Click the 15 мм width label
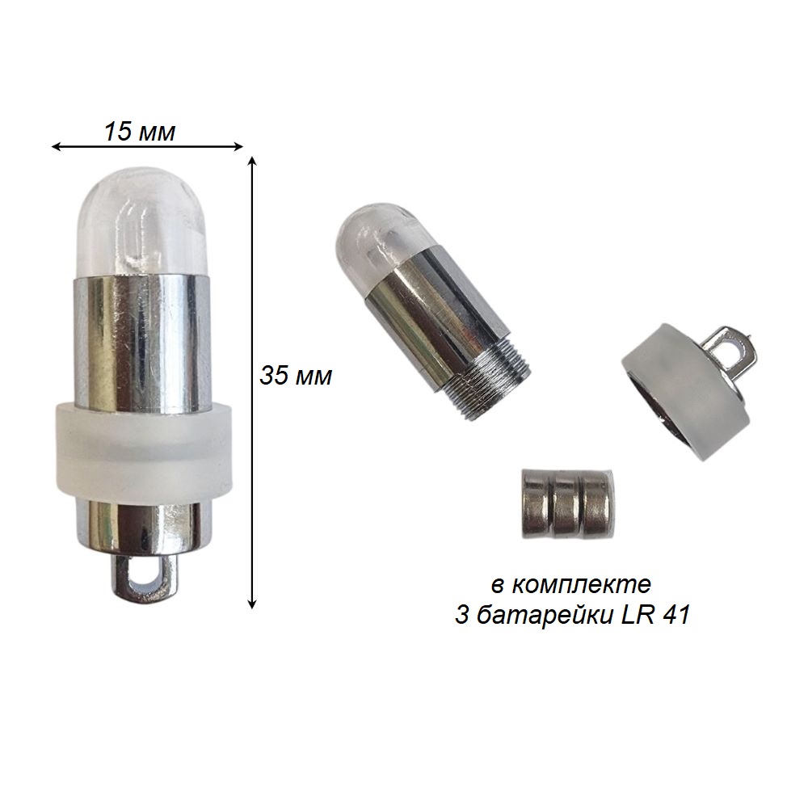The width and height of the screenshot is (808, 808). tap(140, 132)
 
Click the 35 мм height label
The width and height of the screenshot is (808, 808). tap(296, 376)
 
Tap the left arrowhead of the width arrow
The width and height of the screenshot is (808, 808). tap(56, 147)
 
